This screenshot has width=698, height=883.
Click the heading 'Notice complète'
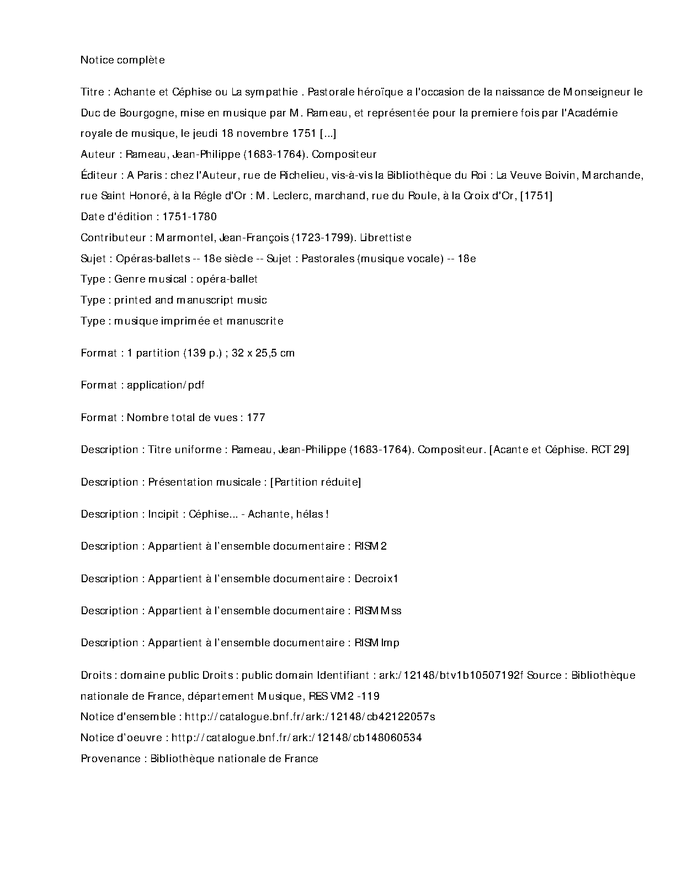click(x=122, y=60)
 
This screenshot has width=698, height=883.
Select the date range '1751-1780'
click(x=189, y=217)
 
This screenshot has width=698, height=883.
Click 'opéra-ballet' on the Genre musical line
click(x=227, y=279)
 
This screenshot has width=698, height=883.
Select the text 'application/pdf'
click(x=166, y=385)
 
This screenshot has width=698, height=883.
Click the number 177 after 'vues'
click(x=256, y=418)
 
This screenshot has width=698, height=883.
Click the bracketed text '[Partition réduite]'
click(x=315, y=482)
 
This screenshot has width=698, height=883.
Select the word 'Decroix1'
click(x=376, y=579)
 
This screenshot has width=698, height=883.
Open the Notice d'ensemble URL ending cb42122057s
click(x=310, y=717)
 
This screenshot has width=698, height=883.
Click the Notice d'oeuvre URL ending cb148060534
click(x=296, y=738)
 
